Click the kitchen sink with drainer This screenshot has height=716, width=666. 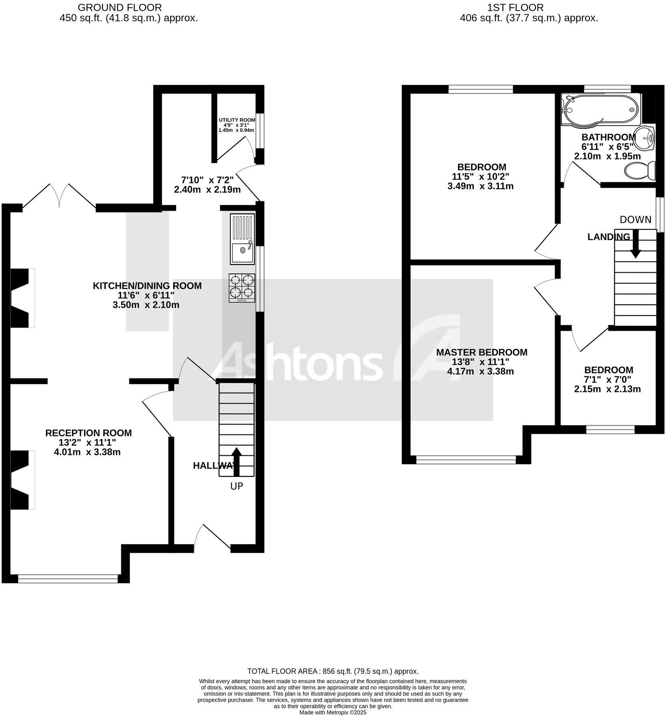[x=242, y=239]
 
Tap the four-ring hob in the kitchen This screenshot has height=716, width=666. [x=242, y=288]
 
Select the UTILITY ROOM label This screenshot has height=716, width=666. [x=237, y=120]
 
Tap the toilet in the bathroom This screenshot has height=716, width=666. [x=640, y=171]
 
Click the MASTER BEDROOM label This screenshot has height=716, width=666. [x=481, y=352]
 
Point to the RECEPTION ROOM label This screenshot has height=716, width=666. [x=88, y=433]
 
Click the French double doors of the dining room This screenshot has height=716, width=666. [x=59, y=196]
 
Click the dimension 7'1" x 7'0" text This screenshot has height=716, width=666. [x=608, y=380]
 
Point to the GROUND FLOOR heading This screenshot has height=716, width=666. [x=120, y=7]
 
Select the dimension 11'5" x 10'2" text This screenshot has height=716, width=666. [x=481, y=177]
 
